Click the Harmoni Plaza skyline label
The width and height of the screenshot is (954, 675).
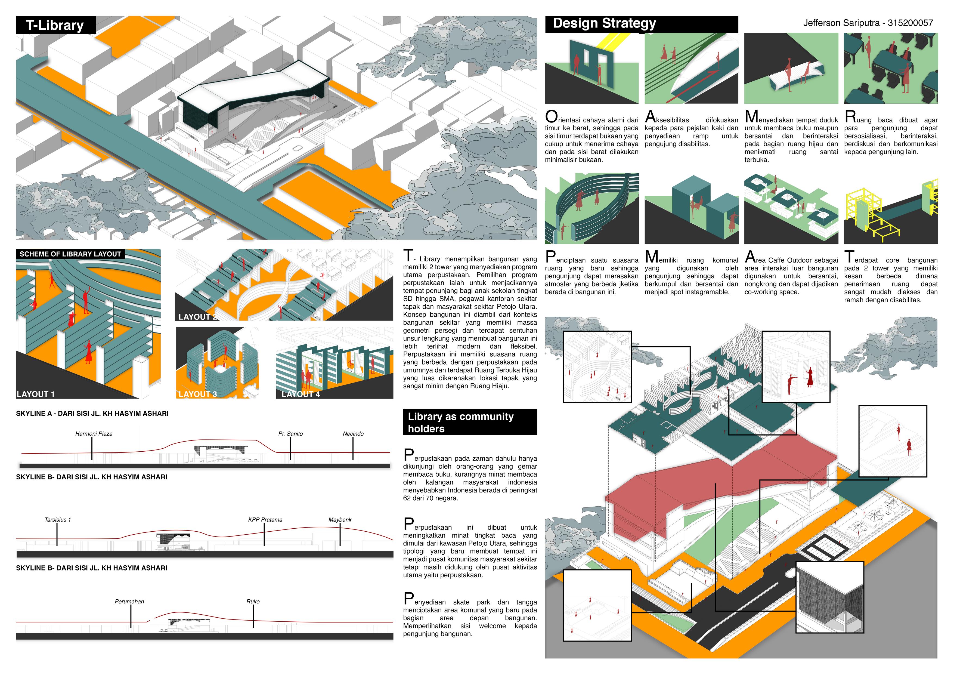tap(94, 433)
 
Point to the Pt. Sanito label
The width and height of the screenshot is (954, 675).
tap(290, 433)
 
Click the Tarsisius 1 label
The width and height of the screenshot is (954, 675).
tap(57, 520)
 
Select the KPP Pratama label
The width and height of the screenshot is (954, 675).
tap(265, 520)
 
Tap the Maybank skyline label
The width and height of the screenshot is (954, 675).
tap(340, 520)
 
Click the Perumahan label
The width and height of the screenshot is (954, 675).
tap(129, 602)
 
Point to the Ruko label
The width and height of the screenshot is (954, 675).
tap(253, 602)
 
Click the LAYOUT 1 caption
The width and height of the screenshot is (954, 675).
tap(36, 394)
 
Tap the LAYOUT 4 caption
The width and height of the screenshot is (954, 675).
tap(301, 394)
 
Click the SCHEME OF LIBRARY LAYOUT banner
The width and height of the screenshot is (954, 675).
tap(70, 254)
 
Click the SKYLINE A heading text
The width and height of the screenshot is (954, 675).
tap(92, 414)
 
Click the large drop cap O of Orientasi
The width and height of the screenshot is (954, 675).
tap(551, 117)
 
